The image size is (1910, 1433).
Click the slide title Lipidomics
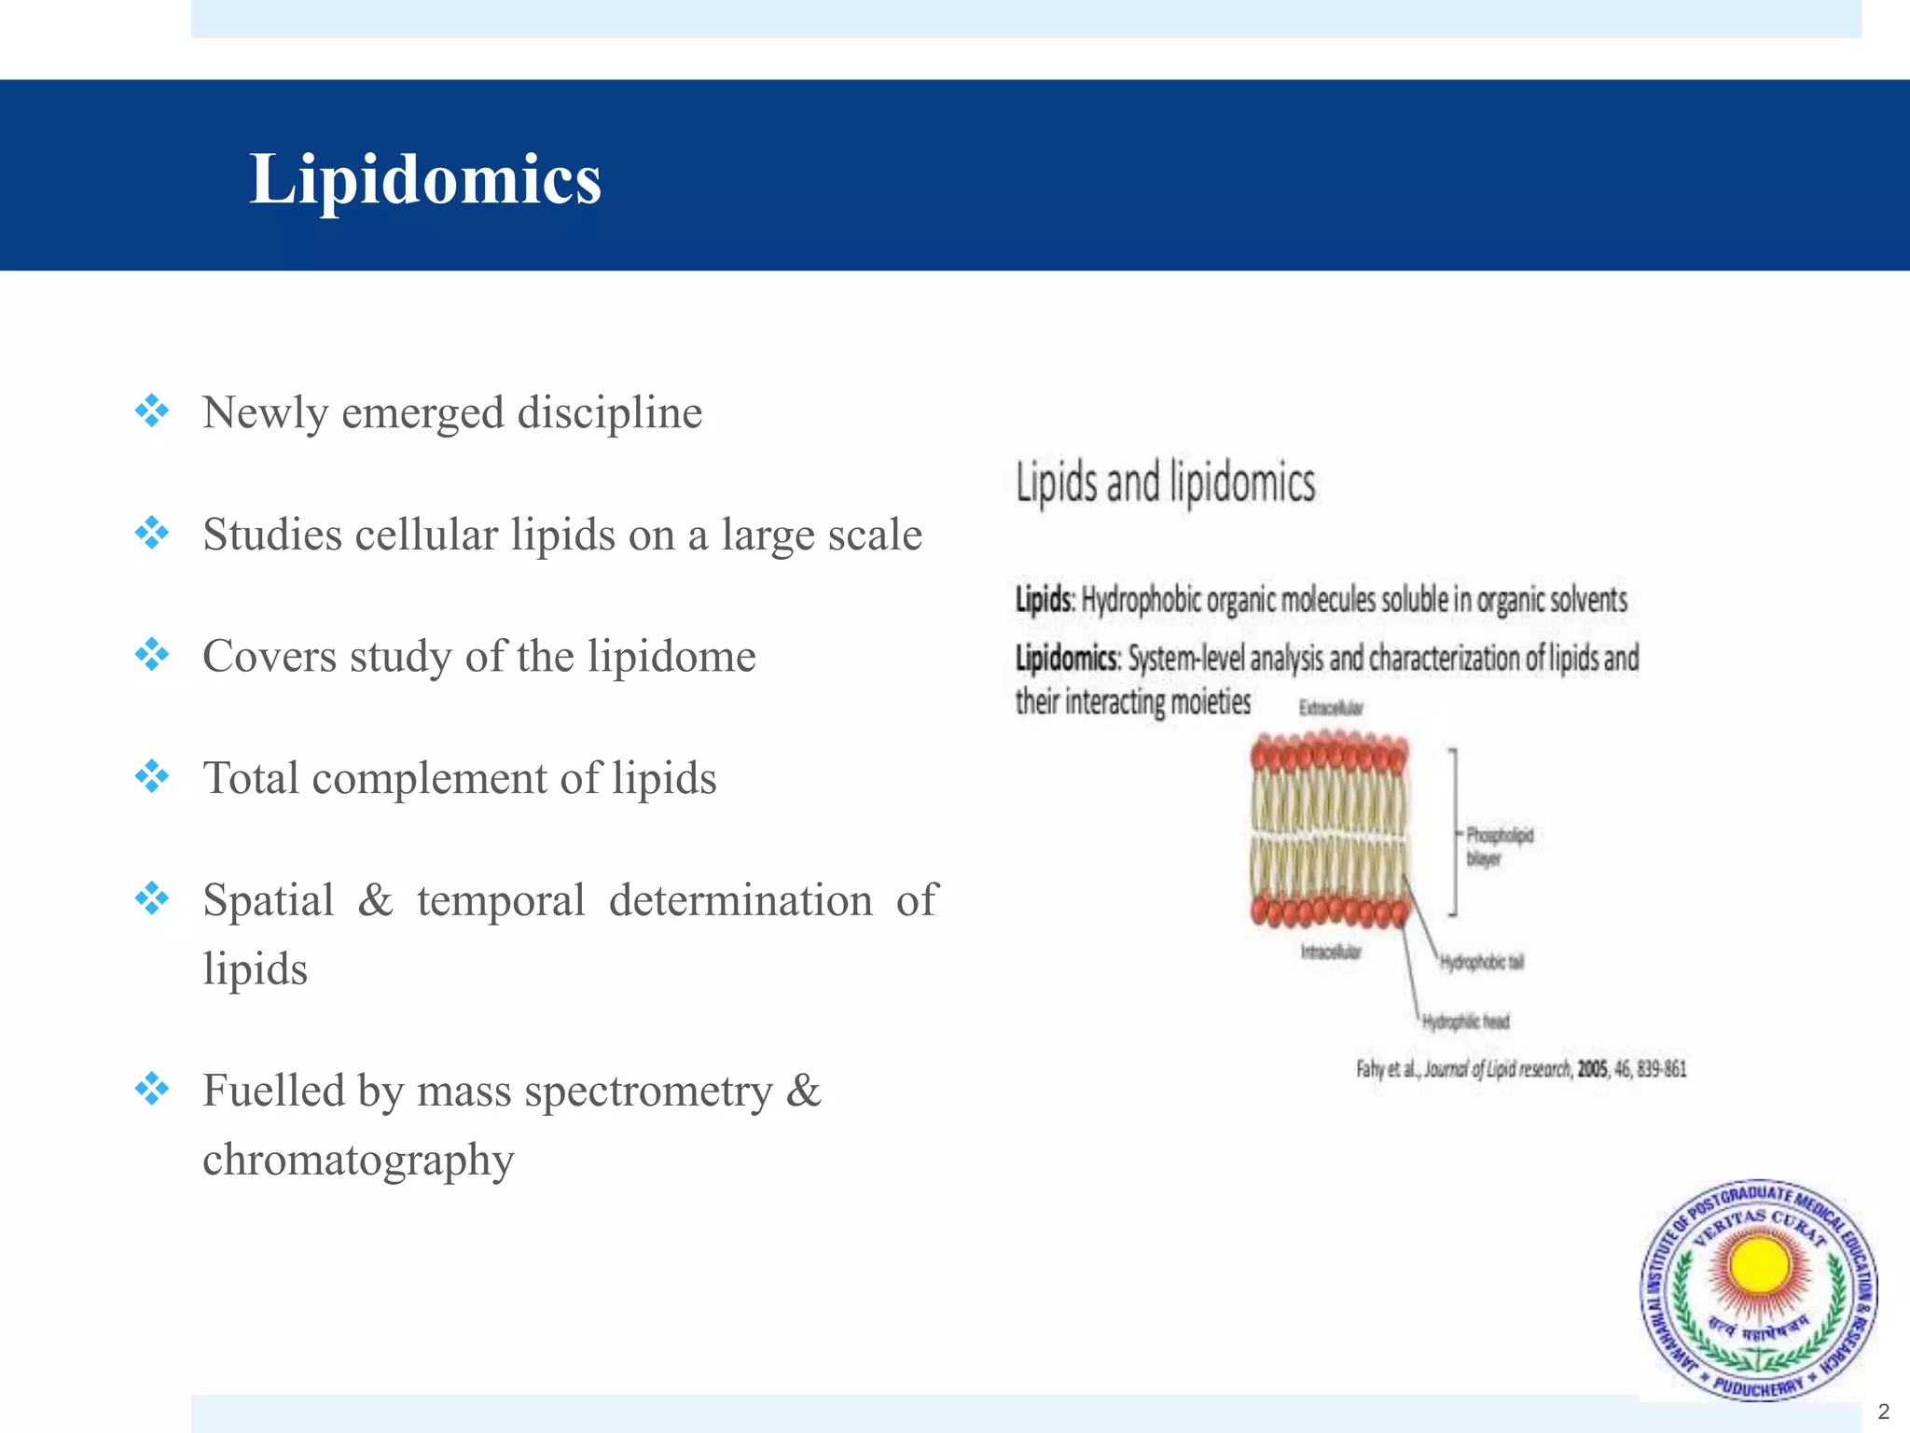tap(425, 179)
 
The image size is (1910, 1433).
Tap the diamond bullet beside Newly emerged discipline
tap(151, 411)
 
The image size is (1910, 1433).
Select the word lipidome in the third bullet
tap(671, 657)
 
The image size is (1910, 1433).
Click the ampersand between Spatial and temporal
tap(375, 901)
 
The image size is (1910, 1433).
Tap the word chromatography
tap(358, 1161)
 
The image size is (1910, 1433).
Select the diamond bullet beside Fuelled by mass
tap(151, 1089)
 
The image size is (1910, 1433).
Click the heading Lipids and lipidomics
tap(1165, 484)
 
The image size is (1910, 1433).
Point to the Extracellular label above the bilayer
tap(1331, 708)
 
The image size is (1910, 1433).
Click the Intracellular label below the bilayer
tap(1331, 953)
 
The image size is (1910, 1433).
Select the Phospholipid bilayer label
tap(1499, 845)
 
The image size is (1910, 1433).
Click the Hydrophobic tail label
tap(1481, 962)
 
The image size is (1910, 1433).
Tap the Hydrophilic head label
tap(1465, 1023)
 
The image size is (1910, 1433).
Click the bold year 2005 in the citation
tap(1592, 1069)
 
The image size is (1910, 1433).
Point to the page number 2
tap(1883, 1412)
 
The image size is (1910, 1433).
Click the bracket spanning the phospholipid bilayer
tap(1453, 832)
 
